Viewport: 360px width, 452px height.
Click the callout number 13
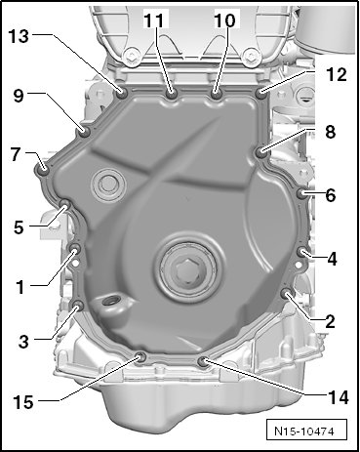point(19,36)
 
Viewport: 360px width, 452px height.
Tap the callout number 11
point(156,21)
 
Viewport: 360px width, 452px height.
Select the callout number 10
point(224,21)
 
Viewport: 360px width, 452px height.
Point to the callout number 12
point(336,74)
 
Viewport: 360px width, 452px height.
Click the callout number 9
point(19,96)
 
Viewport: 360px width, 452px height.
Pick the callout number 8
point(330,132)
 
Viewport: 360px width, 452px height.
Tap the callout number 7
point(16,154)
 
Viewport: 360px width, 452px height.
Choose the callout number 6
point(331,195)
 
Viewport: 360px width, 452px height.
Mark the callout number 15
point(23,402)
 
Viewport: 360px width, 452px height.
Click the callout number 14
point(339,397)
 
